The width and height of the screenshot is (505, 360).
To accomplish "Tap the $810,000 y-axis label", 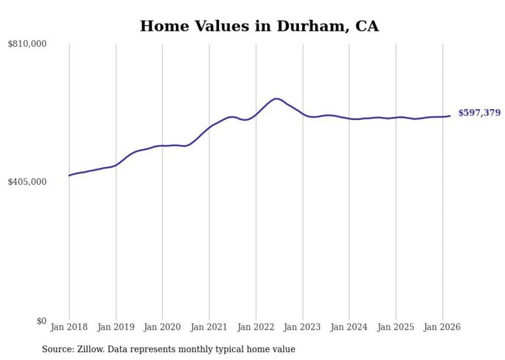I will coord(27,44).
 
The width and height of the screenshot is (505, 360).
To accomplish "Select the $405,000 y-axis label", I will coord(27,182).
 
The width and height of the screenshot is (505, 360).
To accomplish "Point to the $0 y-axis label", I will coord(41,321).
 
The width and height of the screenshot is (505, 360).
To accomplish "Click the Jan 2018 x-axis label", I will coord(69,327).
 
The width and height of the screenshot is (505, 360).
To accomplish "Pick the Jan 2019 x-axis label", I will coord(116,327).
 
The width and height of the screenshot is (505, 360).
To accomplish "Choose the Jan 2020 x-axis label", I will coord(162,327).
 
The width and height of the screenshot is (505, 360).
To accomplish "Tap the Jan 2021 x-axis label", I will coord(209,327).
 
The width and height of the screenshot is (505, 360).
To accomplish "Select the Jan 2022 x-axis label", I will coord(256,327).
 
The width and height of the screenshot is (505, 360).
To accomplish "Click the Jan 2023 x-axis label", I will coord(302,327).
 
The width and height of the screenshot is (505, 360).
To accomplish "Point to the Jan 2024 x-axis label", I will coord(349,327).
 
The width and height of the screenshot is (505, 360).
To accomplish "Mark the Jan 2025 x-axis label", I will coord(396,327).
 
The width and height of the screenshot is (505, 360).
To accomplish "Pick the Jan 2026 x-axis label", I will coord(442,327).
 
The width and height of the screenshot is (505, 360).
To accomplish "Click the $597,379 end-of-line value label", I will coord(479,113).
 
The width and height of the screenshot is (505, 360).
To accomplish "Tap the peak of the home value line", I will coord(276,98).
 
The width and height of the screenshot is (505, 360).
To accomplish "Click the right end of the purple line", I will coord(450,116).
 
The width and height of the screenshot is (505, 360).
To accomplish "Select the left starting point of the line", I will coord(69,176).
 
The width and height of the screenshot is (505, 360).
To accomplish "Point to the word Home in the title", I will coord(160,26).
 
